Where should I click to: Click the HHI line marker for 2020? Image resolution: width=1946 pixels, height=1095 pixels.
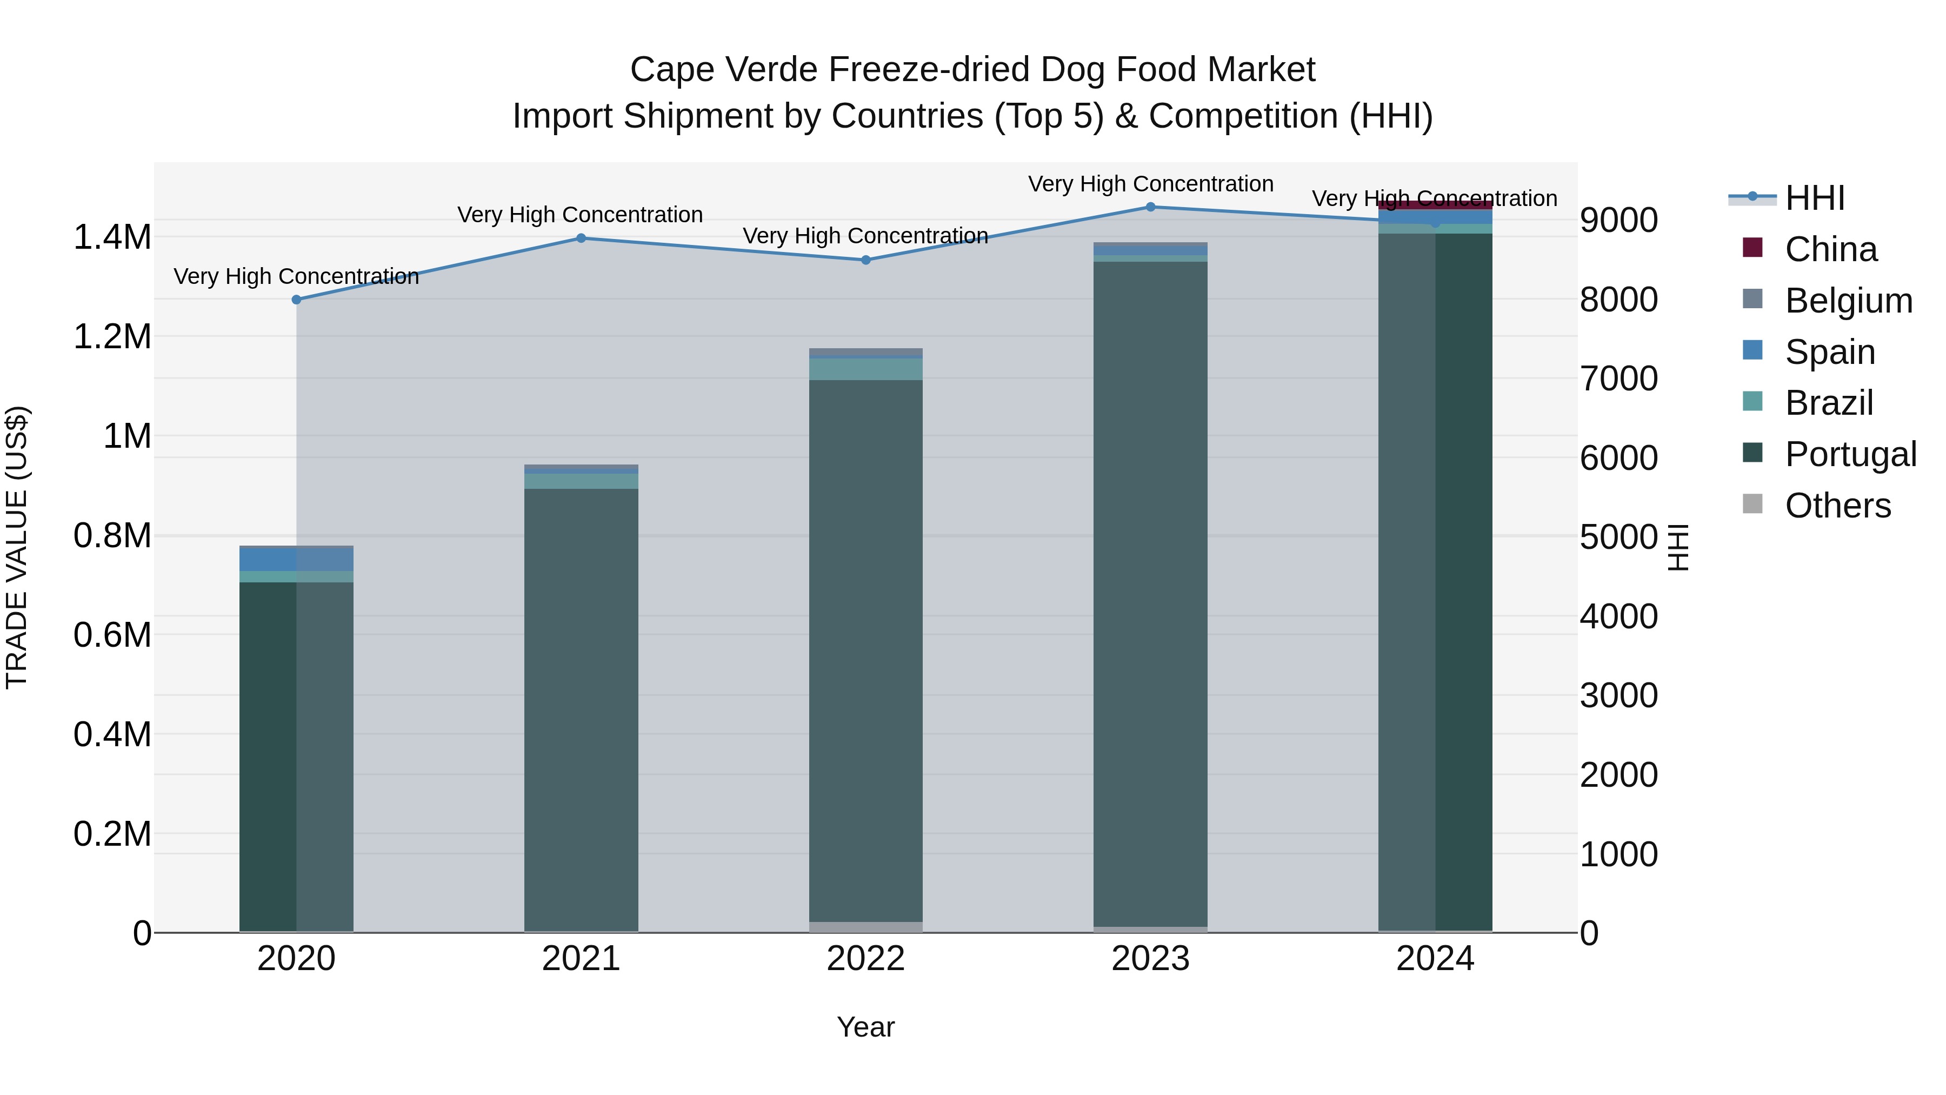[296, 299]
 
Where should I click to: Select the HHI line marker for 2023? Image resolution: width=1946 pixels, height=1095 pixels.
[1150, 207]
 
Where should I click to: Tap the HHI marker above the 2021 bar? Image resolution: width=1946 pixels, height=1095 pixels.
[581, 238]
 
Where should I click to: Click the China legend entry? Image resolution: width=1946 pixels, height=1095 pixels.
[1830, 249]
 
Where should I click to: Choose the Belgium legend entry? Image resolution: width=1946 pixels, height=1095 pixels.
[1848, 301]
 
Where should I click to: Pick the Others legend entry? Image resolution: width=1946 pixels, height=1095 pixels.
[1837, 506]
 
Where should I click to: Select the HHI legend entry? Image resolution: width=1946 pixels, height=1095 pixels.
[1815, 198]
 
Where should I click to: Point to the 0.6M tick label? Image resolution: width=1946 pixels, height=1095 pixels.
[112, 635]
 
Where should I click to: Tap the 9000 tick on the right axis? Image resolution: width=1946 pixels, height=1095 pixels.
[1618, 220]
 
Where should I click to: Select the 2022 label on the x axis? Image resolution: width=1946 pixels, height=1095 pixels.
[866, 959]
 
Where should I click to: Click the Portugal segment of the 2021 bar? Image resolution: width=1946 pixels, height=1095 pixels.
[581, 711]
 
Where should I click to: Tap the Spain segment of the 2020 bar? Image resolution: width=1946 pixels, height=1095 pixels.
[296, 559]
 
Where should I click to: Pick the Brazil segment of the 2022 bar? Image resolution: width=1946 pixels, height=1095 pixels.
[866, 369]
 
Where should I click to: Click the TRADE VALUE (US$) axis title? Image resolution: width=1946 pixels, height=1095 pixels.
[17, 547]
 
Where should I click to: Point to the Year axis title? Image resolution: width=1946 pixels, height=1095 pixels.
[866, 1027]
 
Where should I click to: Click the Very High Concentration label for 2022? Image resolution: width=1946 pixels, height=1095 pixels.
[866, 236]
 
